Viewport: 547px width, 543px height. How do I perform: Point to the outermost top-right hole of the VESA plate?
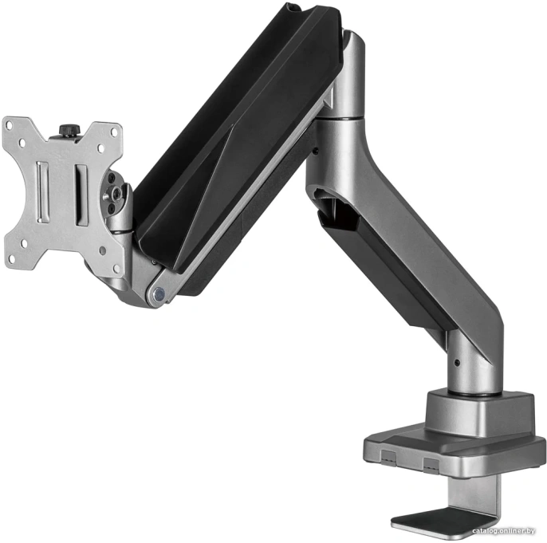point(115,132)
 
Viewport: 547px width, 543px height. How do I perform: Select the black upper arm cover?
point(231,136)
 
